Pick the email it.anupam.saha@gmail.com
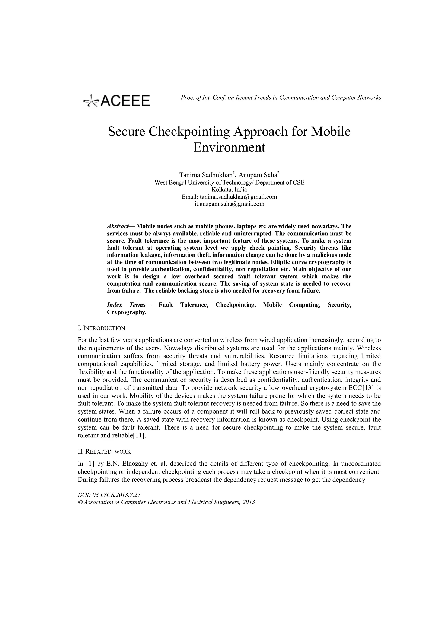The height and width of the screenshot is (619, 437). pyautogui.click(x=229, y=204)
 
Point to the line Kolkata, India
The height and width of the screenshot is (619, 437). pyautogui.click(x=229, y=189)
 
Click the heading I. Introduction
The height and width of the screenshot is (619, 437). pyautogui.click(x=101, y=328)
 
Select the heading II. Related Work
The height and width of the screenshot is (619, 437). pyautogui.click(x=104, y=452)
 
